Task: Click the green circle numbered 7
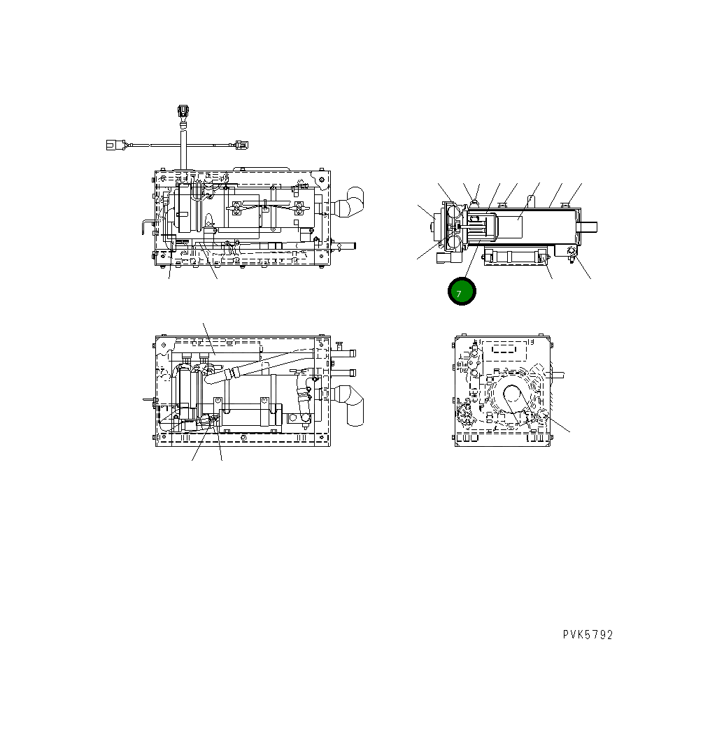tap(461, 292)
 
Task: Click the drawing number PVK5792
tap(588, 635)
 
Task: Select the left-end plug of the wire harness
tap(113, 145)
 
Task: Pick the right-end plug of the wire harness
tap(241, 146)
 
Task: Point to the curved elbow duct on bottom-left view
tap(354, 403)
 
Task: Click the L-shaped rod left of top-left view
tap(145, 227)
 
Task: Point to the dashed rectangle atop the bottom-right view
tap(506, 351)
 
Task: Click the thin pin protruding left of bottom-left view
tap(148, 401)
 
